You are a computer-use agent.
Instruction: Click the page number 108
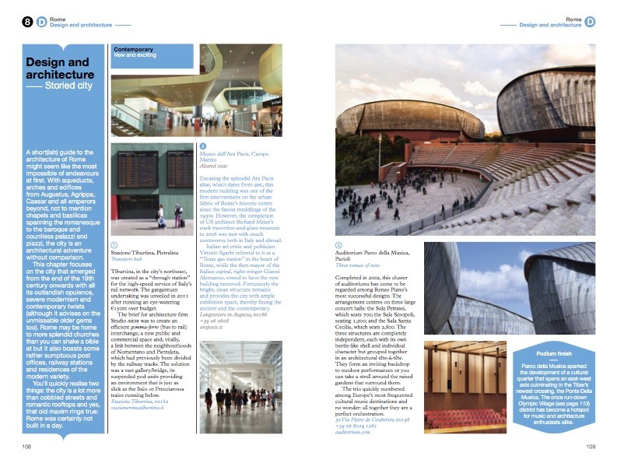tap(26, 446)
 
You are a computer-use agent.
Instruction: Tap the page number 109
tap(591, 446)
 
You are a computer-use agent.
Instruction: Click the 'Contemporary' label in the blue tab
tap(133, 49)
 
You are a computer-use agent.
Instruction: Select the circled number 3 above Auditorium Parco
tap(338, 245)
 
